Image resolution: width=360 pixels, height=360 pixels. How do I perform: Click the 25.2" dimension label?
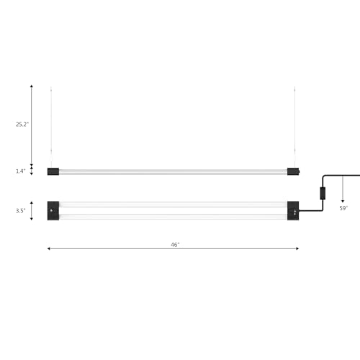point(22,125)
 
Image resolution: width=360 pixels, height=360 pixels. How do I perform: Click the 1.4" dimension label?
point(20,171)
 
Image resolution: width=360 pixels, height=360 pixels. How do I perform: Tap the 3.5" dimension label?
point(20,211)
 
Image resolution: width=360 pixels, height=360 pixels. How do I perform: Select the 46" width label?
point(175,245)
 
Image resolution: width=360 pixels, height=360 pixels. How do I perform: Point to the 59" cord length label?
point(343,208)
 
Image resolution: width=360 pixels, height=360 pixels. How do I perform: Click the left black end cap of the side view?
point(53,171)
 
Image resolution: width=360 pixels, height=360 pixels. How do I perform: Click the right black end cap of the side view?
point(293,171)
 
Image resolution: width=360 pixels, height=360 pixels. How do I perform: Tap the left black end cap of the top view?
point(53,211)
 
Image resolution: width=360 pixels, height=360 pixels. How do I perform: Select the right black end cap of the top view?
point(293,211)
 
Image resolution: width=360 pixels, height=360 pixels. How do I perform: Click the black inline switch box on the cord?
point(323,194)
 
